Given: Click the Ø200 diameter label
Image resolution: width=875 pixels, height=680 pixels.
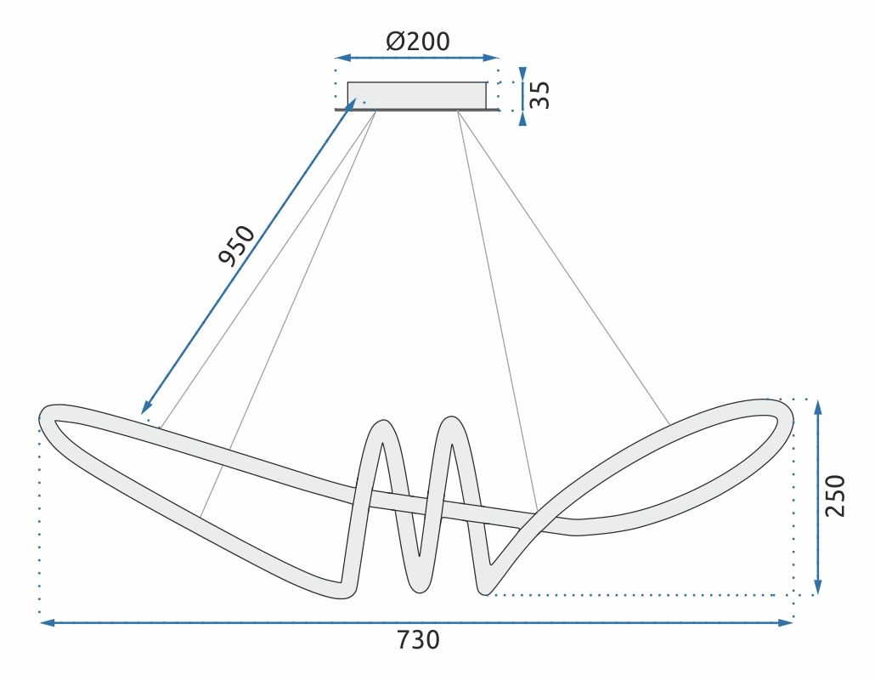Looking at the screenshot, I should [x=417, y=41].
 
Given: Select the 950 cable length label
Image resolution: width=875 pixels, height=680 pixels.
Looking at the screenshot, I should [x=237, y=245].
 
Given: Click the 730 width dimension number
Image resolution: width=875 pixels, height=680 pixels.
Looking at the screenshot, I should [x=418, y=639].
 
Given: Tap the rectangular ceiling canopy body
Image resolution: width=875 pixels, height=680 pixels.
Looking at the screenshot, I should [x=417, y=94].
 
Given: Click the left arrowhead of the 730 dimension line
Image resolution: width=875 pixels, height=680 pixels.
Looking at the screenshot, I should [x=48, y=623].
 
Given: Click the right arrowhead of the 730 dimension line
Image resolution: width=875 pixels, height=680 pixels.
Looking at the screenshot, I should [x=785, y=623].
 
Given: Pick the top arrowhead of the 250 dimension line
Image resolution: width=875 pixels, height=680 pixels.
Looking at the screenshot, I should [x=817, y=406].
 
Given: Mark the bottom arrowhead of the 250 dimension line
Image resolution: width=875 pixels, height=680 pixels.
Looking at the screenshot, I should [x=817, y=587].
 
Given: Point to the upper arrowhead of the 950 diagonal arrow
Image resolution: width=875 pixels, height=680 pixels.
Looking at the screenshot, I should [x=351, y=105].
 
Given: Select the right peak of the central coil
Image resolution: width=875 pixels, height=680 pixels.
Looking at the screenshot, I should [x=449, y=422].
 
